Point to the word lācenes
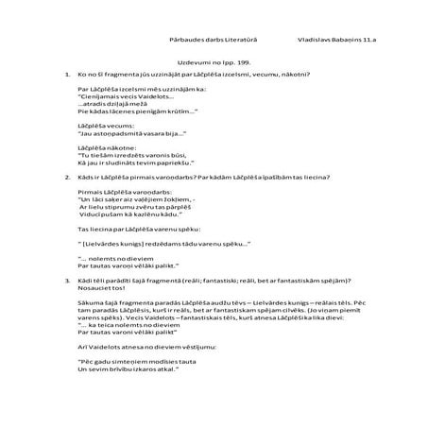(x=128, y=111)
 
